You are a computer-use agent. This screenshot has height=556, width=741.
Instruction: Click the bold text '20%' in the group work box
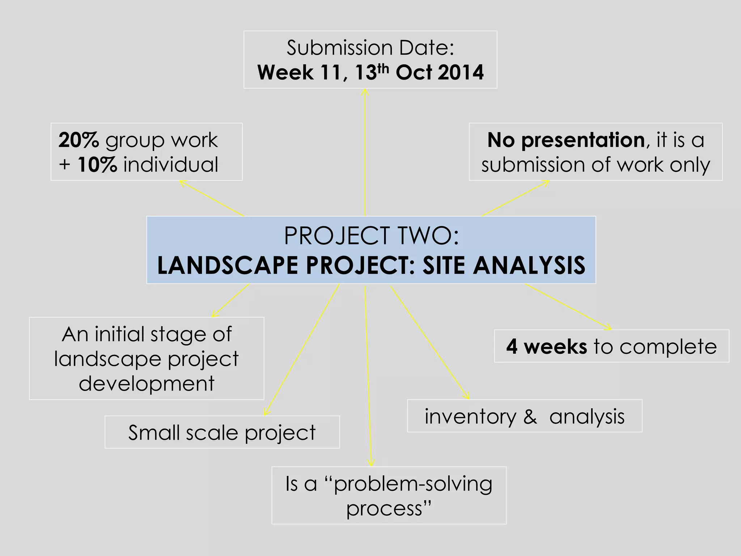[x=79, y=140]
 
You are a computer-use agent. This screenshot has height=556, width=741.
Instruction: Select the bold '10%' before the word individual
[x=97, y=165]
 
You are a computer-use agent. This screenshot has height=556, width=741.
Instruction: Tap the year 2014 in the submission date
[x=460, y=72]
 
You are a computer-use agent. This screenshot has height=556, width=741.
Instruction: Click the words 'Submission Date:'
[x=370, y=47]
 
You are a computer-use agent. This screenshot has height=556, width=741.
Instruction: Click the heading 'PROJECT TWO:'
[x=371, y=236]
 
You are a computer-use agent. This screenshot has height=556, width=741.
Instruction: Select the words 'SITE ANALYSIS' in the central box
[x=504, y=265]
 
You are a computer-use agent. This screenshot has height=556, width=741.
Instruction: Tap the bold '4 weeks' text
[x=546, y=346]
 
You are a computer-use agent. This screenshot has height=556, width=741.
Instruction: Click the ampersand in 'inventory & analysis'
[x=530, y=417]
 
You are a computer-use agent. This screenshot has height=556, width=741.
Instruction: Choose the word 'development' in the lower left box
[x=147, y=384]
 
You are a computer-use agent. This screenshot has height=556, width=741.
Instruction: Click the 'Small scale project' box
[x=222, y=433]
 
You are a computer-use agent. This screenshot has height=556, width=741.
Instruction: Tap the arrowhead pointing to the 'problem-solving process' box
[x=370, y=463]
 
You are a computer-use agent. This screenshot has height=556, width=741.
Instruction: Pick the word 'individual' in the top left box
[x=171, y=165]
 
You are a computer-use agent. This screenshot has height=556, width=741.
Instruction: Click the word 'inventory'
[x=470, y=417]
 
